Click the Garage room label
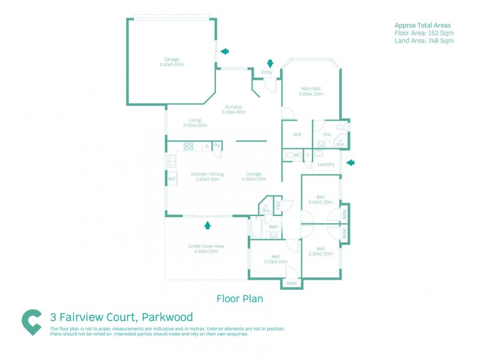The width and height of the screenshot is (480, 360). (x=172, y=59)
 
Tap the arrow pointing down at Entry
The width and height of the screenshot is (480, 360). (x=270, y=63)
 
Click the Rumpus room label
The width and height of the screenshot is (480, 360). (x=233, y=107)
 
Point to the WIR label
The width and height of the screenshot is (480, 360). (x=296, y=135)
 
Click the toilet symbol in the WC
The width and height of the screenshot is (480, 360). (x=291, y=155)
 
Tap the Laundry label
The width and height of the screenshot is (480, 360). (x=326, y=164)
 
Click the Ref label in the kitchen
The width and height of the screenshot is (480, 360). (x=171, y=179)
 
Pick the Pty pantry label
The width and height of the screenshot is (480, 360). (x=217, y=145)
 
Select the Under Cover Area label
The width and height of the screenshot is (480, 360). (x=206, y=246)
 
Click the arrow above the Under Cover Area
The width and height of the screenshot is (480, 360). (x=208, y=225)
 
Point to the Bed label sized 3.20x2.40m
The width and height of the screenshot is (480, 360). (x=275, y=256)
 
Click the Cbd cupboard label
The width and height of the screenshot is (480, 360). (x=278, y=205)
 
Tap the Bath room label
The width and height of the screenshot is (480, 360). (x=274, y=226)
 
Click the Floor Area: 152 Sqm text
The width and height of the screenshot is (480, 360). (x=424, y=33)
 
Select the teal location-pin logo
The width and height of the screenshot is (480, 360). (x=31, y=322)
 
